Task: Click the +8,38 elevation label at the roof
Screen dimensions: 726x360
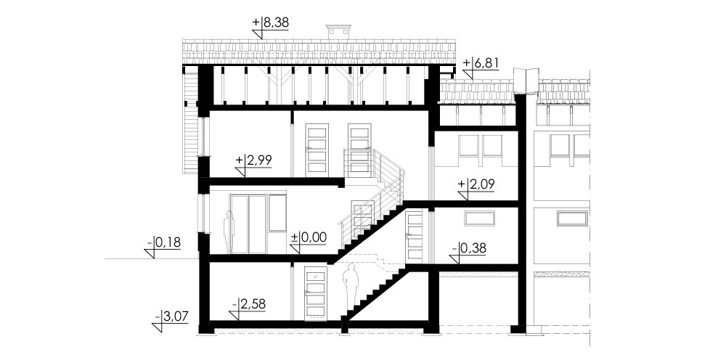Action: (x=270, y=22)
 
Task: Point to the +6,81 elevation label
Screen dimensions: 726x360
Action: (x=481, y=63)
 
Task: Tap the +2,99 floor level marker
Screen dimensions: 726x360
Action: (x=253, y=160)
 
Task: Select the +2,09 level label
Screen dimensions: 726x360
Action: (x=476, y=184)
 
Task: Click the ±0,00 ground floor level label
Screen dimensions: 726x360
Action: (x=309, y=238)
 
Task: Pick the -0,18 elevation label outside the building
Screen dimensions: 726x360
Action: (x=164, y=242)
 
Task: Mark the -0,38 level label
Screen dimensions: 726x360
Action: (x=470, y=248)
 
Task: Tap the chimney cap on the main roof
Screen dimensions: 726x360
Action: (x=338, y=32)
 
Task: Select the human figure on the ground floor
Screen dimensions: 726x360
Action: (x=229, y=232)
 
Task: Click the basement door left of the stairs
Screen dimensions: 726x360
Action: (x=316, y=294)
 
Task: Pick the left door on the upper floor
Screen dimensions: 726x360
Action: (x=317, y=150)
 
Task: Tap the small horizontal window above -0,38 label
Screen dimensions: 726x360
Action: (x=480, y=219)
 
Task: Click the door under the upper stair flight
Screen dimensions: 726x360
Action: (x=414, y=236)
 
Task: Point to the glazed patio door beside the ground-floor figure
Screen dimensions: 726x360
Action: (x=248, y=224)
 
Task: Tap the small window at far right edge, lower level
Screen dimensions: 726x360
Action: (x=573, y=218)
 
